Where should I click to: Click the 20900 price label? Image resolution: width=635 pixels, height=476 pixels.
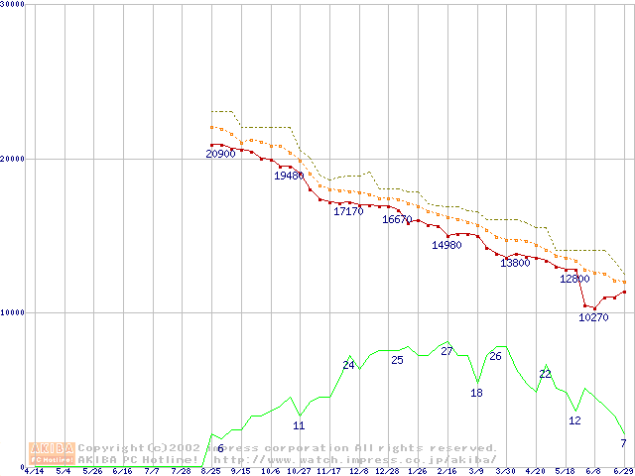[x=220, y=154]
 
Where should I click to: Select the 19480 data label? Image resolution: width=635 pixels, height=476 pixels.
[x=289, y=175]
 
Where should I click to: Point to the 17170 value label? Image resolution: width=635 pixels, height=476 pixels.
[x=348, y=211]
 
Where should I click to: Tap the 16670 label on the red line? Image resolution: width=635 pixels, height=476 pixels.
[x=397, y=219]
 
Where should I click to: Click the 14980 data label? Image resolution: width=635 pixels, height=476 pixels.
[x=446, y=245]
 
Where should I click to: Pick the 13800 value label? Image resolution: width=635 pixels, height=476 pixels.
[x=514, y=263]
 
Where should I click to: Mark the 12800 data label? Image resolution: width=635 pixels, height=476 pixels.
[x=574, y=279]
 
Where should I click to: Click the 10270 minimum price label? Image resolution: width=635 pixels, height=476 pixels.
[x=593, y=317]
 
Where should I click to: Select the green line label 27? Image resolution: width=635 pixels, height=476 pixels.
[x=446, y=351]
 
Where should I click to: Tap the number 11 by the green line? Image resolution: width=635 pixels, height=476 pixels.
[x=299, y=425]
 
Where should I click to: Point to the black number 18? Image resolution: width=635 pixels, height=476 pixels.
[x=476, y=393]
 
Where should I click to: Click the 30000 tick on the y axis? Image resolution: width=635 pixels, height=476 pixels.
[x=13, y=5]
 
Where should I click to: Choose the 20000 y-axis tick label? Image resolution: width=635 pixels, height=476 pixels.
[x=13, y=159]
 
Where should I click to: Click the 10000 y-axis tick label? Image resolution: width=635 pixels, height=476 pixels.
[x=13, y=312]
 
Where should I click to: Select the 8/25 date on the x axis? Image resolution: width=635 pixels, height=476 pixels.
[x=211, y=471]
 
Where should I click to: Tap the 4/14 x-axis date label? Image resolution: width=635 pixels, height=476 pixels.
[x=34, y=471]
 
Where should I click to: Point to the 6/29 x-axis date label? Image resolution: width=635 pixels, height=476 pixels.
[x=623, y=471]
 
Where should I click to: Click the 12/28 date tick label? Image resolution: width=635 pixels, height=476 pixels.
[x=387, y=471]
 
